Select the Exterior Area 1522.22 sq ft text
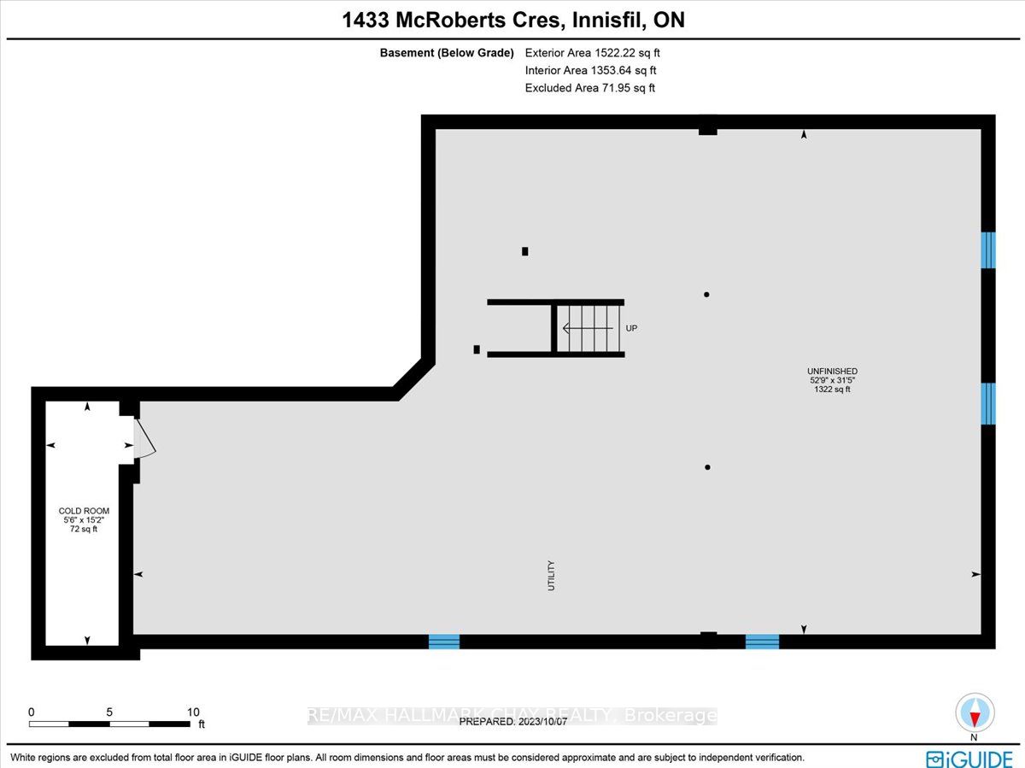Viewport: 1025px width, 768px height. click(592, 53)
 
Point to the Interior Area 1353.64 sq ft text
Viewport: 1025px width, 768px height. click(590, 71)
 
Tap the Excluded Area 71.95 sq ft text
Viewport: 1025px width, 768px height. click(589, 88)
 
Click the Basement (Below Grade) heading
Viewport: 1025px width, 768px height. click(447, 53)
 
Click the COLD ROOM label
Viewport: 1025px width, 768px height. click(84, 511)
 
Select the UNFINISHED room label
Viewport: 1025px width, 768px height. click(832, 372)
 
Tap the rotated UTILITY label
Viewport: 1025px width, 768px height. click(552, 576)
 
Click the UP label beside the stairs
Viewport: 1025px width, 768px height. click(631, 328)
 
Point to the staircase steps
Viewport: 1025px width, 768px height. click(589, 328)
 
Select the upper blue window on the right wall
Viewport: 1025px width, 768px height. click(988, 249)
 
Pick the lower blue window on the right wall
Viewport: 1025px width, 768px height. click(988, 403)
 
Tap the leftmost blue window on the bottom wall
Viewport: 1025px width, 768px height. click(443, 642)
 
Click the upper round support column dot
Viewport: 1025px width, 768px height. click(706, 295)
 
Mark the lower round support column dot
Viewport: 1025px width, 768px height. click(708, 467)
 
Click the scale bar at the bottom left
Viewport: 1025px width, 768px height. click(109, 724)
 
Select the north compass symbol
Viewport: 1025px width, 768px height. click(975, 713)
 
